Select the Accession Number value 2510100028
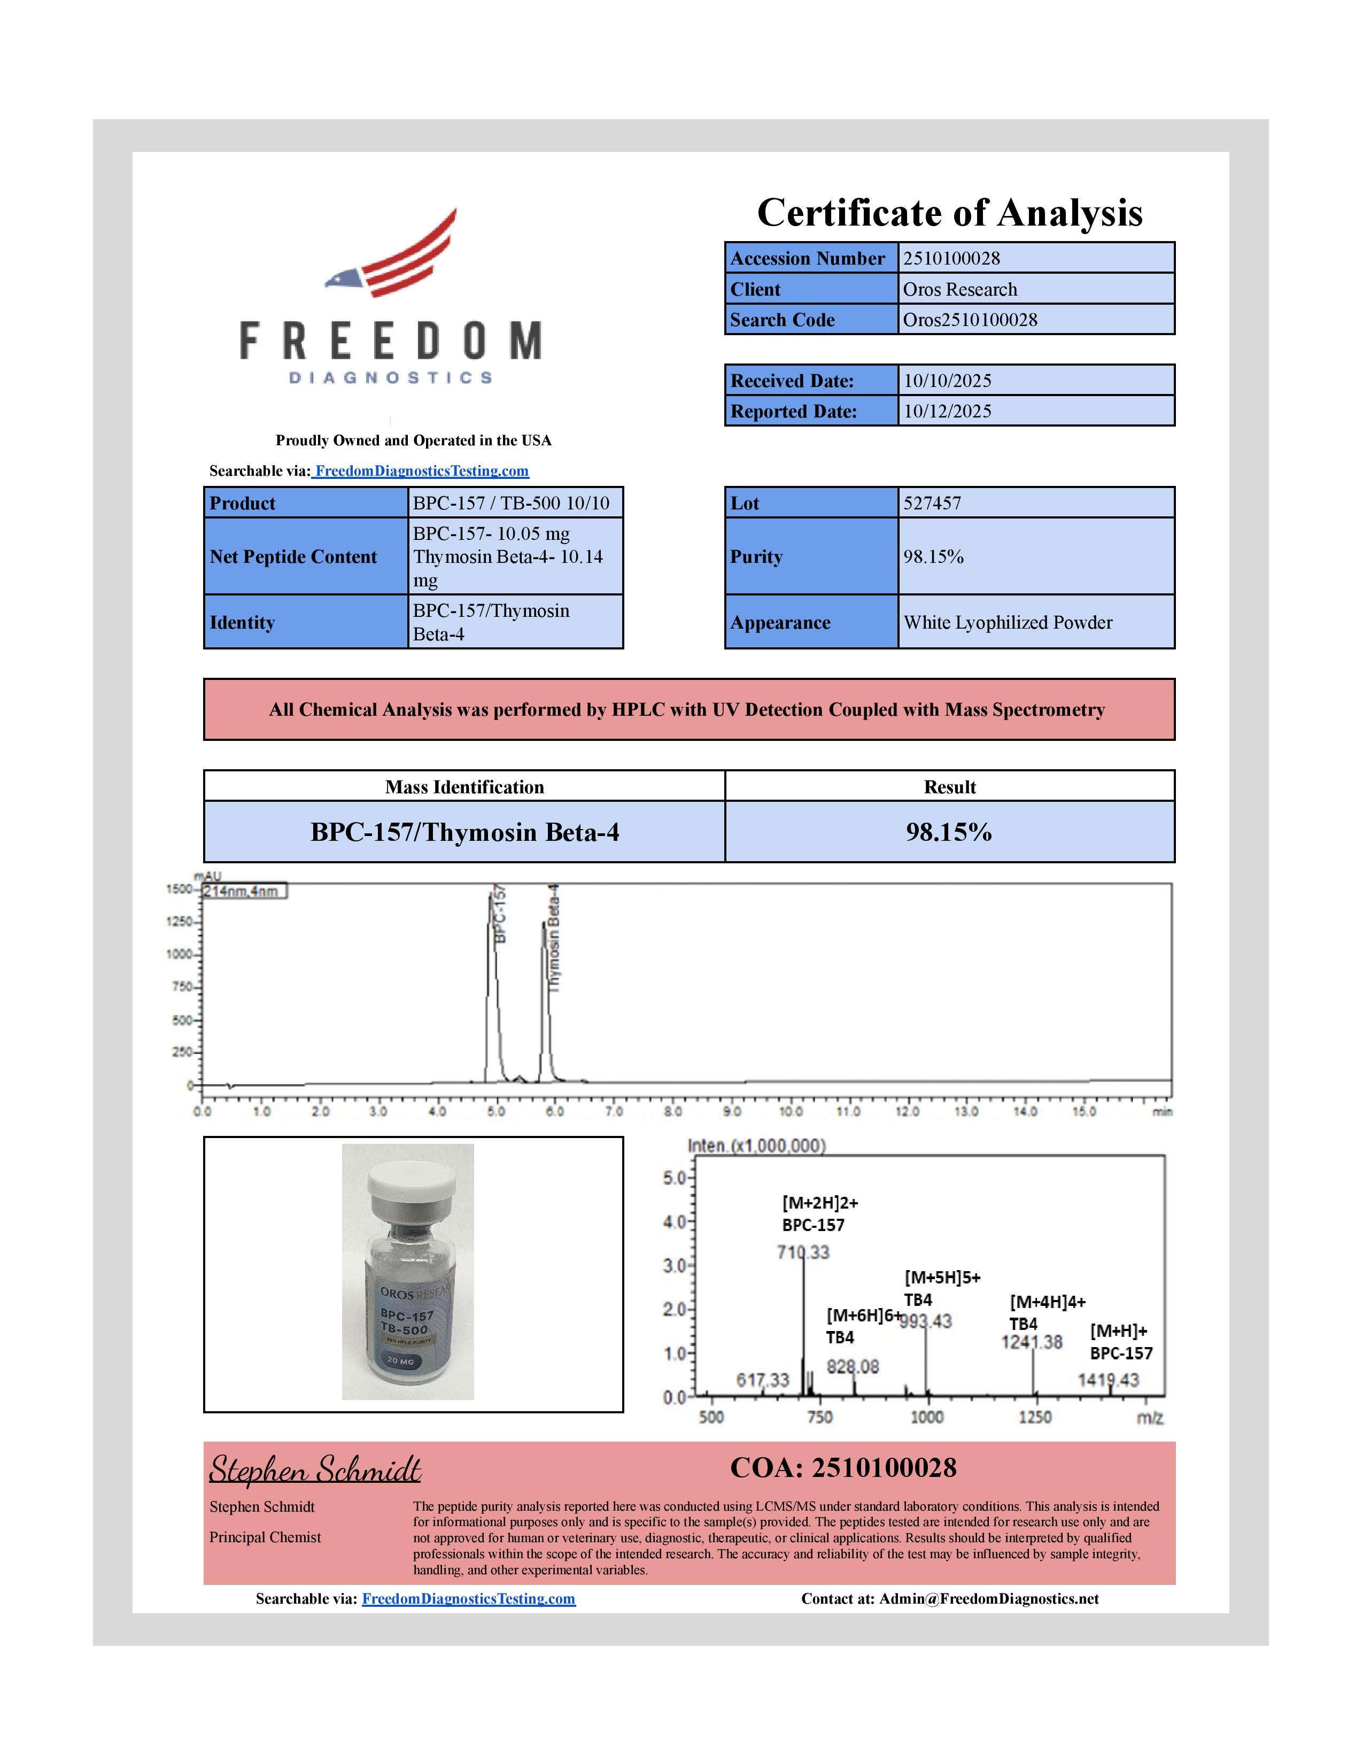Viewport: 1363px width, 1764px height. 951,259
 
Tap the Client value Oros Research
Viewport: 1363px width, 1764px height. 959,289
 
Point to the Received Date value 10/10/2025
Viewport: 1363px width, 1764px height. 947,381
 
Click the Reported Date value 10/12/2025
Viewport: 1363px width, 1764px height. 947,411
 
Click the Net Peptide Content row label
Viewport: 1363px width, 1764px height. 293,556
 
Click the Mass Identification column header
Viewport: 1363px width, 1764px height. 464,787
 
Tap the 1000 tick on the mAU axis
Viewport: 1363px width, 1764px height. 179,955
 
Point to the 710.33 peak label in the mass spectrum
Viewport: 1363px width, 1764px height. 803,1253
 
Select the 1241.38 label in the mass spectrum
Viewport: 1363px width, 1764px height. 1031,1342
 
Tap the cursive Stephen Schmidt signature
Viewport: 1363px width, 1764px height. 315,1469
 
